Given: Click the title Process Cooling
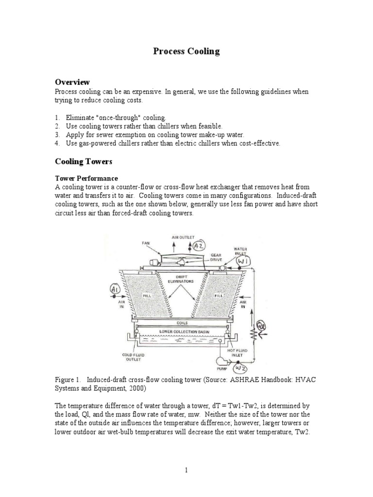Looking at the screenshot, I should [x=187, y=51].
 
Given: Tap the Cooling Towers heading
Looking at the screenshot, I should [x=84, y=161].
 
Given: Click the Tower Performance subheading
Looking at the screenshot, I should [x=86, y=178].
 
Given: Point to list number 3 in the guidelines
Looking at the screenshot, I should [x=57, y=134].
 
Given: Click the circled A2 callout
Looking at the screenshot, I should [x=200, y=246].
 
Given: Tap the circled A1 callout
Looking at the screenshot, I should [x=116, y=290].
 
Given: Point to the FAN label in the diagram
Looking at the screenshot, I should [x=146, y=242].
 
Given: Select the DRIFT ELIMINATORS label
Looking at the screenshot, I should [x=183, y=279].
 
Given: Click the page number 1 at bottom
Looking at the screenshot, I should [x=186, y=470].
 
